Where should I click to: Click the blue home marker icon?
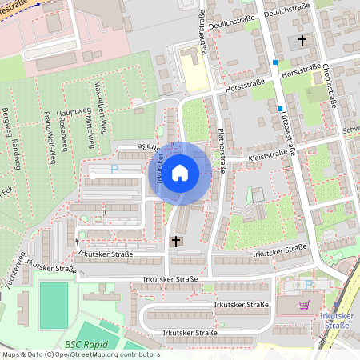[180, 172]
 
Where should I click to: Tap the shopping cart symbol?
[303, 305]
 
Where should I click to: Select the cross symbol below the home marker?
[176, 240]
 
